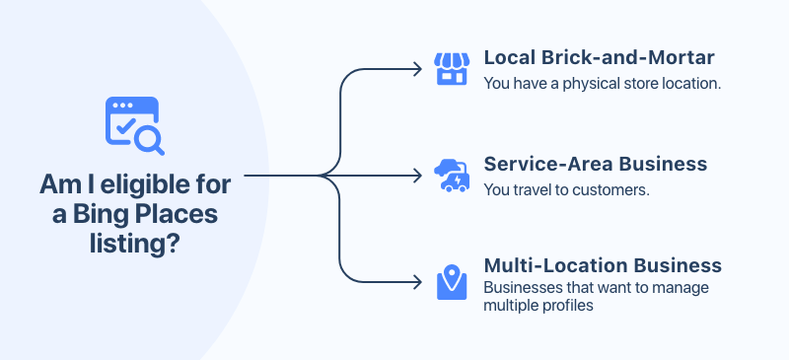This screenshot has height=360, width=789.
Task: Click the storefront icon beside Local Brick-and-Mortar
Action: tap(452, 68)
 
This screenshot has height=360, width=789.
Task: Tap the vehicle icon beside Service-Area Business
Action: tap(452, 176)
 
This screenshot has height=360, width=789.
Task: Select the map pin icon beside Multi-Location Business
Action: tap(452, 282)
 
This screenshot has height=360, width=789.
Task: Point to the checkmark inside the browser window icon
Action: tap(125, 124)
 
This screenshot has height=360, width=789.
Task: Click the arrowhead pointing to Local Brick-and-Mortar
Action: tap(417, 69)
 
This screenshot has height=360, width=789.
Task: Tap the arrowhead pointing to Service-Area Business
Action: tap(417, 176)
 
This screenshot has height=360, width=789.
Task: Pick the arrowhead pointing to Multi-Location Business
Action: tap(417, 282)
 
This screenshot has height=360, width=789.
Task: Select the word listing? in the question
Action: tap(135, 245)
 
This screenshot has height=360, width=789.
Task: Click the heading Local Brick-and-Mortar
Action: tap(599, 57)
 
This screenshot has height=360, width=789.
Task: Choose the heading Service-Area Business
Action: tap(596, 164)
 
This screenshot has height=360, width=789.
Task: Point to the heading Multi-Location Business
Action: tap(603, 265)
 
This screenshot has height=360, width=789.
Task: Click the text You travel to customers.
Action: tap(566, 189)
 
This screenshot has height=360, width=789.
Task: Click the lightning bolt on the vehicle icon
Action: tap(458, 180)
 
